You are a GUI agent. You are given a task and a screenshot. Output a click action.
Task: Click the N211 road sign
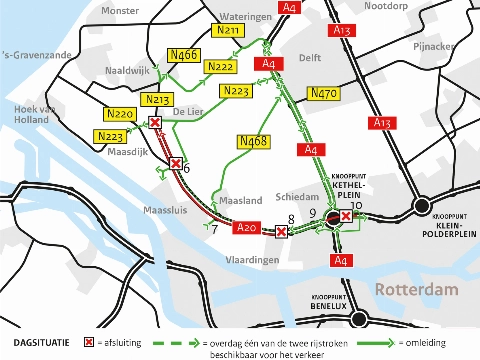pyautogui.click(x=230, y=31)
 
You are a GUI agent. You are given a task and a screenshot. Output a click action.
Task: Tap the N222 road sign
pyautogui.click(x=220, y=67)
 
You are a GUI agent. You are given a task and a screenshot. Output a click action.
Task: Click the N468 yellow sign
pyautogui.click(x=254, y=141)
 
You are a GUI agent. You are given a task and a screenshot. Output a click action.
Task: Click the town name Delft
pyautogui.click(x=310, y=58)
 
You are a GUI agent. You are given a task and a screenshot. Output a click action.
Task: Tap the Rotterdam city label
pyautogui.click(x=418, y=290)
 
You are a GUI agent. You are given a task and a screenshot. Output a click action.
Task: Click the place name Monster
pyautogui.click(x=120, y=10)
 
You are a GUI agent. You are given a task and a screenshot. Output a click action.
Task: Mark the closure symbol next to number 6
pyautogui.click(x=175, y=164)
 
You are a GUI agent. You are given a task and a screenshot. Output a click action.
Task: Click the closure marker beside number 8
pyautogui.click(x=282, y=232)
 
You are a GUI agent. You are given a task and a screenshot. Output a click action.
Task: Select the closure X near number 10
pyautogui.click(x=346, y=216)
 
